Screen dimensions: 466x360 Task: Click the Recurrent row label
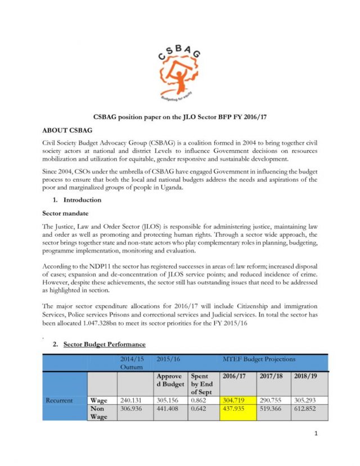click(x=59, y=400)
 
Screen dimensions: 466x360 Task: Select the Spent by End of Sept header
click(x=202, y=383)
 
